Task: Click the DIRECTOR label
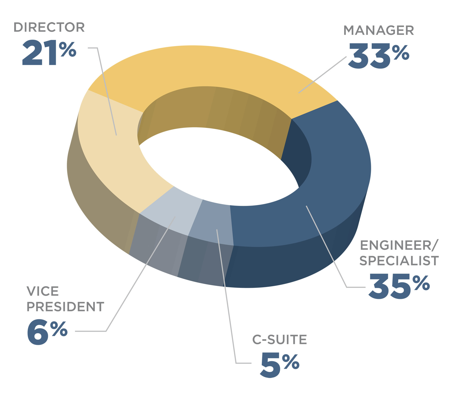click(49, 28)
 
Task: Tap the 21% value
click(49, 53)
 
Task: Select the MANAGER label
click(379, 31)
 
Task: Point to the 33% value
click(379, 56)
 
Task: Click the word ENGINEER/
click(399, 246)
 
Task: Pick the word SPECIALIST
click(399, 261)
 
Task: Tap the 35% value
click(399, 286)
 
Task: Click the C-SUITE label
click(279, 340)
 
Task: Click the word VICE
click(43, 292)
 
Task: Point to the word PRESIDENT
click(65, 307)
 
